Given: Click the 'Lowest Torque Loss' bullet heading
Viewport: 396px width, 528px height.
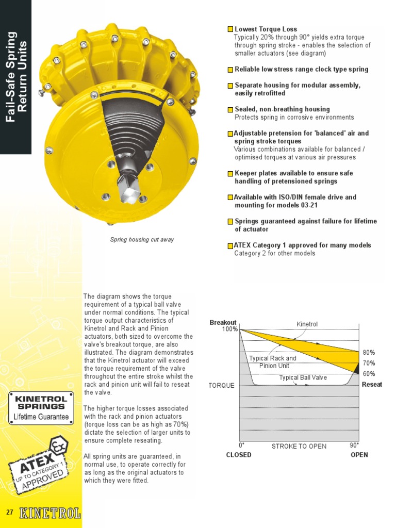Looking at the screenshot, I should (x=266, y=29).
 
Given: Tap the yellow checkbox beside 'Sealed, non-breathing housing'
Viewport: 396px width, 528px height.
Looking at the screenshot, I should (x=230, y=110).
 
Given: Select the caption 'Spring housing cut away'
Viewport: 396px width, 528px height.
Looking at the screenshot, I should (x=142, y=240).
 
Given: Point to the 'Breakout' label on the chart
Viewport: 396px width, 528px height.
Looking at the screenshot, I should (x=223, y=323).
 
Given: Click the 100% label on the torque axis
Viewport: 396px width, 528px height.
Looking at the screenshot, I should (x=229, y=329).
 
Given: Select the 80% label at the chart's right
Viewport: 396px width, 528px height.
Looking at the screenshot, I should (x=369, y=353).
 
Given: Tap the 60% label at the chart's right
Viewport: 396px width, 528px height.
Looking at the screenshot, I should (x=369, y=374).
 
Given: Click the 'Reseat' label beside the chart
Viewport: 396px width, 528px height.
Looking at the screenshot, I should (x=372, y=385).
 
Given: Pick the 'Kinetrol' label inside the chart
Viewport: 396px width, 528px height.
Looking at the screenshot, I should (x=307, y=324).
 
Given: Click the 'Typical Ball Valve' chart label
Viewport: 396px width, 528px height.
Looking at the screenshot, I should (x=303, y=378).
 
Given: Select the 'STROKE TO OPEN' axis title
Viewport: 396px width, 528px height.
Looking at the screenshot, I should (x=299, y=446).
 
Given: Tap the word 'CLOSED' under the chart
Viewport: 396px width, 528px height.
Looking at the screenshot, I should (x=239, y=455).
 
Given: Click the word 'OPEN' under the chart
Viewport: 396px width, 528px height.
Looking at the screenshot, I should (x=359, y=455).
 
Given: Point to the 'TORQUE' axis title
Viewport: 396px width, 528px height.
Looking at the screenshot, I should (x=221, y=386).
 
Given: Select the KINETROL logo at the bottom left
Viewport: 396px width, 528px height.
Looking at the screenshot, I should (x=50, y=513).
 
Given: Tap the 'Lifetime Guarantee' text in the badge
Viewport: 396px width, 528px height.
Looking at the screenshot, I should (x=41, y=417).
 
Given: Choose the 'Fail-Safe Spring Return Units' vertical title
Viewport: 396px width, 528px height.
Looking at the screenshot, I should (x=15, y=77).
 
